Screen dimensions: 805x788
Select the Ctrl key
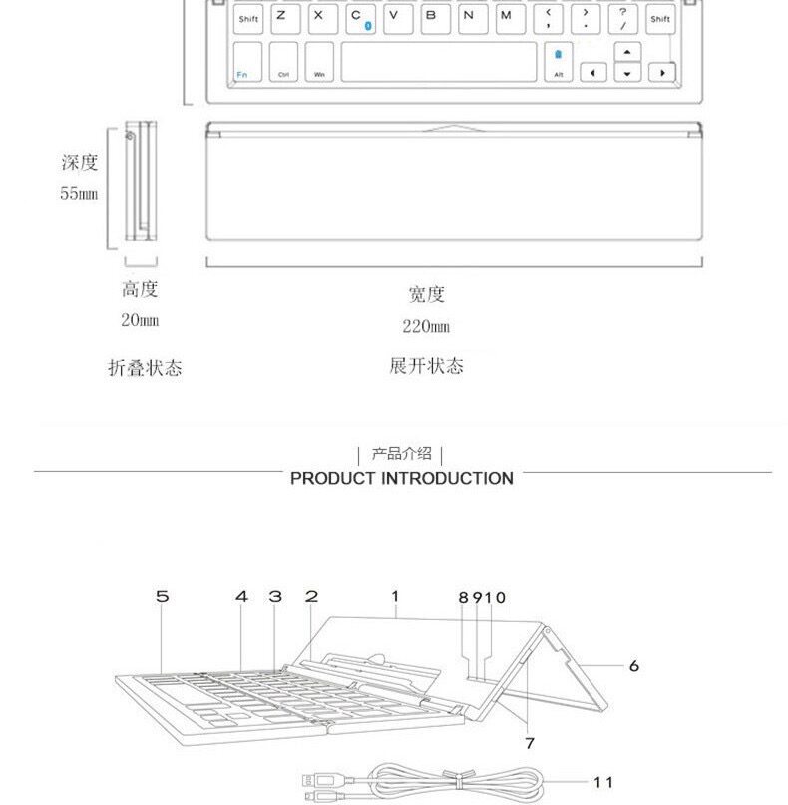pos(283,61)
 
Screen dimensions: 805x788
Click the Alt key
pos(558,62)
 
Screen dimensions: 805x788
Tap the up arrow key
pos(626,52)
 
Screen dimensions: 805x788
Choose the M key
pos(507,18)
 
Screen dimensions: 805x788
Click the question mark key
pos(622,18)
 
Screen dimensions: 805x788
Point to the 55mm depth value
pos(78,194)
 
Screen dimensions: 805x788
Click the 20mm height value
pos(140,321)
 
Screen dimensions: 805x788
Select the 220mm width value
pos(426,326)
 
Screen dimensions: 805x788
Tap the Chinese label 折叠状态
pos(145,368)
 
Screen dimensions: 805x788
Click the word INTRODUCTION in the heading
pos(448,478)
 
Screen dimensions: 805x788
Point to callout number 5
pos(162,597)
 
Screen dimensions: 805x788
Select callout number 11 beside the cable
pos(603,782)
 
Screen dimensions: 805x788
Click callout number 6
pos(633,666)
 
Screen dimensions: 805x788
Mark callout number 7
pos(530,743)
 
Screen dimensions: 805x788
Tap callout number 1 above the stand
pos(395,597)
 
